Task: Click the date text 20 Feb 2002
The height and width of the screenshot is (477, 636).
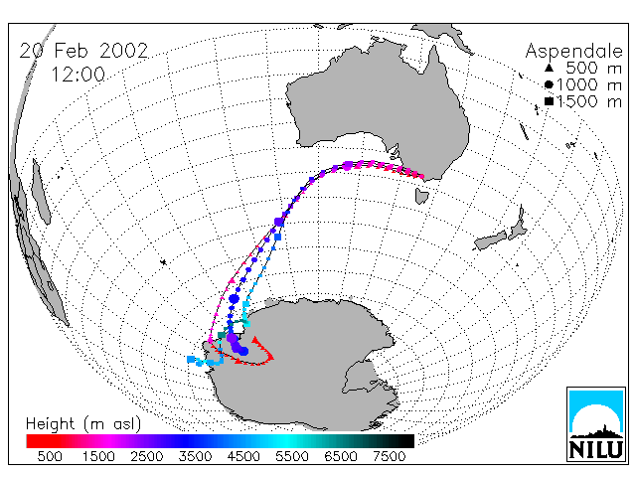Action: (x=83, y=51)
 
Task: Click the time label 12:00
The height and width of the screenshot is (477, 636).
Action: (x=79, y=75)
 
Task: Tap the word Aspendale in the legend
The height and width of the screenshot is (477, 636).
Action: (x=573, y=51)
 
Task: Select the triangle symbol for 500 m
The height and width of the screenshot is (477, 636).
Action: (x=549, y=68)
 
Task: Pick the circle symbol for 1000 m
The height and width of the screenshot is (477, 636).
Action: (x=549, y=84)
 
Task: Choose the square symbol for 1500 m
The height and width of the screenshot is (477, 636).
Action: (x=549, y=101)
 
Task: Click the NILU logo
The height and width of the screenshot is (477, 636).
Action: (x=596, y=424)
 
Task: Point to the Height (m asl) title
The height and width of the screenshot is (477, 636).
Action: (x=83, y=424)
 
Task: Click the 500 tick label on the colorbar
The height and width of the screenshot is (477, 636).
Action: (x=50, y=457)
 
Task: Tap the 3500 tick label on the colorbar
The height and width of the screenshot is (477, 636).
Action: (x=195, y=457)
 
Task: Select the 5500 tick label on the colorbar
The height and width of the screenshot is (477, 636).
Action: (x=292, y=457)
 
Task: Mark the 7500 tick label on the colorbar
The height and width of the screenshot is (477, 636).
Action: (x=389, y=457)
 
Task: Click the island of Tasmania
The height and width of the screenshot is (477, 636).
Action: (x=421, y=196)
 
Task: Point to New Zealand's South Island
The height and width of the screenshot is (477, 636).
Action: (x=490, y=240)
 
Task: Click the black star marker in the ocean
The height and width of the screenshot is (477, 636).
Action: (x=163, y=262)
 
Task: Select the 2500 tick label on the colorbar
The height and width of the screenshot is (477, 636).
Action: (x=147, y=457)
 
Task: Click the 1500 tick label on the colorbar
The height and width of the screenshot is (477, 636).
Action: (x=98, y=457)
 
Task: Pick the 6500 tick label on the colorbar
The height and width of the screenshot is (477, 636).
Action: (x=340, y=457)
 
